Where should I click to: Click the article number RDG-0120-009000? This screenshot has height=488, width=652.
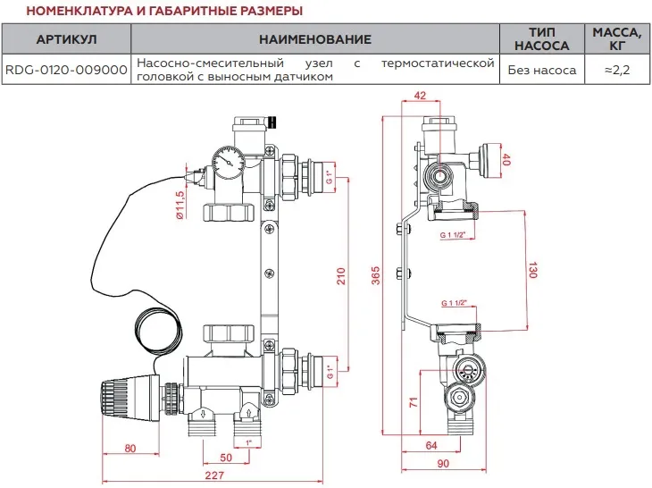[66, 69]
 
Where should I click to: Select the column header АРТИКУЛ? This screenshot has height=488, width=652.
[66, 40]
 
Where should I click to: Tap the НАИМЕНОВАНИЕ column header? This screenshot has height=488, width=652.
[314, 40]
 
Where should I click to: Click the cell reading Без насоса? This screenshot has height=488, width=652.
[541, 69]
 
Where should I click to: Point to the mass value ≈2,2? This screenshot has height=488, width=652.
[616, 69]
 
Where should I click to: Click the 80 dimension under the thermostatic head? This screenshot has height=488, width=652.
[130, 448]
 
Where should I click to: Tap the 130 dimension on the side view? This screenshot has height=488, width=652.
[532, 271]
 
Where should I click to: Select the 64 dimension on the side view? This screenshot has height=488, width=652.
[430, 445]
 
